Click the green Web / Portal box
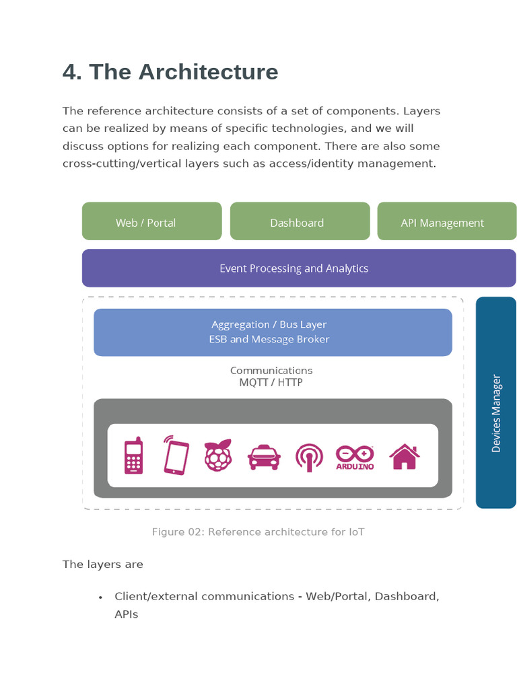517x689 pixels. [151, 221]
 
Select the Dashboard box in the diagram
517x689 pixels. [300, 221]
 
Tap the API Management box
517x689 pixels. [447, 221]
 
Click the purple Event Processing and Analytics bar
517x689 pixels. [299, 268]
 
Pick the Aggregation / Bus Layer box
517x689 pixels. [273, 332]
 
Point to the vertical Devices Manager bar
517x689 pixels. [496, 402]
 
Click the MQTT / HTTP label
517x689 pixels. [271, 382]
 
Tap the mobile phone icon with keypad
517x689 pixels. [134, 456]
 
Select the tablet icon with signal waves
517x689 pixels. [176, 456]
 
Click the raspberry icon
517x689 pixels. [218, 456]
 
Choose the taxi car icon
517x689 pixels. [264, 457]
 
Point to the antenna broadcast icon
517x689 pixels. [309, 458]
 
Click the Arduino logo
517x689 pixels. [355, 458]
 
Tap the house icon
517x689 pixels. [405, 457]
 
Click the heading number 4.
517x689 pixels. [72, 71]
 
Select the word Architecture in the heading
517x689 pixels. [209, 71]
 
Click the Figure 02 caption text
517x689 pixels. [258, 532]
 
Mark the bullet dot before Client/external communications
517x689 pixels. [101, 597]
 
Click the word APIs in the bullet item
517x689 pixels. [126, 614]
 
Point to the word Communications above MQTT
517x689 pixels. [271, 371]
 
